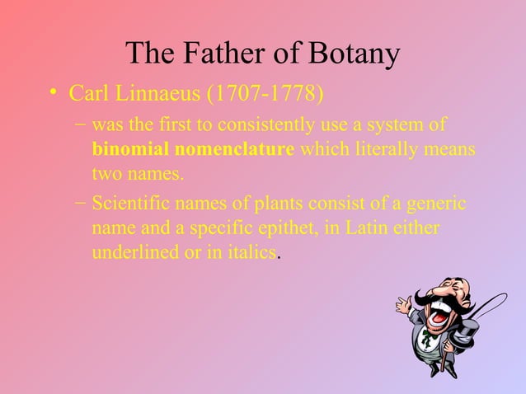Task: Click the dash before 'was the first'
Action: (77, 125)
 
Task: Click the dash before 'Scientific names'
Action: (77, 203)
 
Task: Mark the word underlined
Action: (133, 252)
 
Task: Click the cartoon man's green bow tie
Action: (428, 336)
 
